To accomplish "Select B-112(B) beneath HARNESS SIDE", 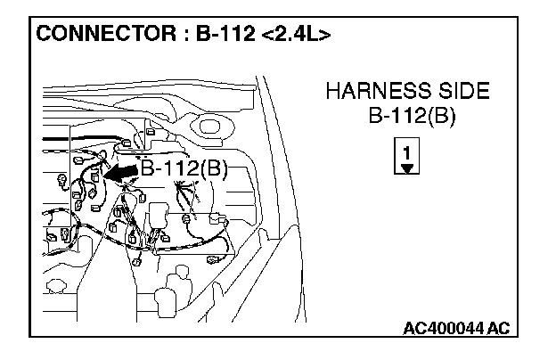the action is tap(408, 117).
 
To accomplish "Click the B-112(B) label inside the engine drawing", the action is tap(184, 170).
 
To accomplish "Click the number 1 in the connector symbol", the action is tap(407, 152).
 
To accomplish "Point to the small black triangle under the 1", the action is tap(407, 167).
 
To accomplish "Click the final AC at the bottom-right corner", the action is tap(499, 329).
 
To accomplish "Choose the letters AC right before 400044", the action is tap(414, 329).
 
